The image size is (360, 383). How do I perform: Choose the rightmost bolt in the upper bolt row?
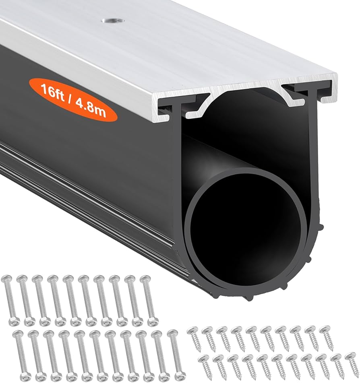148,300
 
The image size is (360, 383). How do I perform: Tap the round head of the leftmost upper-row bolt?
6,278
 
